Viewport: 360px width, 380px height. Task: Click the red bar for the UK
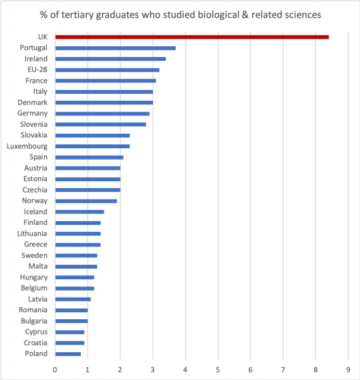(x=192, y=37)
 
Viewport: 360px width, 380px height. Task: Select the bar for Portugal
(x=115, y=48)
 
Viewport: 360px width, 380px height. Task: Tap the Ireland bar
(x=111, y=59)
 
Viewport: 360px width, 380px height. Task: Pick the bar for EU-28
(x=107, y=70)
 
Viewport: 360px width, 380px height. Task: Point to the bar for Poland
(x=68, y=354)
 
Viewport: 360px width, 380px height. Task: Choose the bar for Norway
(x=86, y=201)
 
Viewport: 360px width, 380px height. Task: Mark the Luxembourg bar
(x=93, y=146)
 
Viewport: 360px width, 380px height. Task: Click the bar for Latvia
(x=73, y=300)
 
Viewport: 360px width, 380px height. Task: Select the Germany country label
(x=32, y=113)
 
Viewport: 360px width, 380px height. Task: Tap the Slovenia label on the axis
(x=34, y=124)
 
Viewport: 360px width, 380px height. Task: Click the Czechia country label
(x=35, y=190)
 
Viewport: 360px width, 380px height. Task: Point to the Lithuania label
(x=32, y=233)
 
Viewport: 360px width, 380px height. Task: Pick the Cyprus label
(x=36, y=332)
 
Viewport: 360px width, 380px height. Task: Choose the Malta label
(x=38, y=266)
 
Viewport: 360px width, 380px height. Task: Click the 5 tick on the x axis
(x=218, y=370)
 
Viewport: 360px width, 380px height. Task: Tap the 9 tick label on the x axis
(x=348, y=370)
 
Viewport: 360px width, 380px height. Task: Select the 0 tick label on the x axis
(x=55, y=370)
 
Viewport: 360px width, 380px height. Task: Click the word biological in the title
(x=219, y=15)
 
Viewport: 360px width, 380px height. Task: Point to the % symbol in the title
(x=44, y=15)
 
